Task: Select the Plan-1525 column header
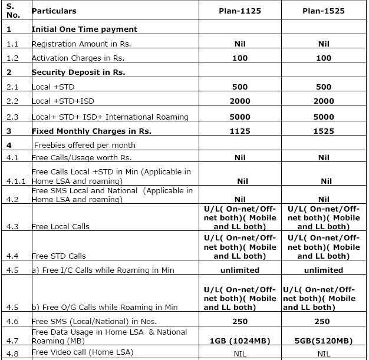[324, 11]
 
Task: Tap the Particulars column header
[54, 11]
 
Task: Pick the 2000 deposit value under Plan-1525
[324, 101]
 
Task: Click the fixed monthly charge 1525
[324, 131]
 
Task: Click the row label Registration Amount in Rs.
[81, 44]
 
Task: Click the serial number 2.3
[12, 117]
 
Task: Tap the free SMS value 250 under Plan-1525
[324, 321]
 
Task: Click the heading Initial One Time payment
[84, 29]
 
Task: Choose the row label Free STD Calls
[58, 256]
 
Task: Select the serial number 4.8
[12, 353]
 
